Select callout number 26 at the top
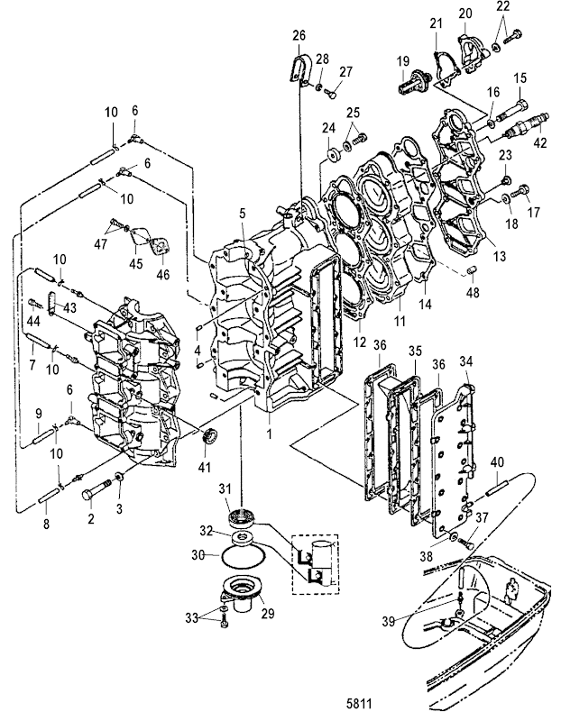coord(299,36)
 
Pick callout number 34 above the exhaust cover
coord(465,361)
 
